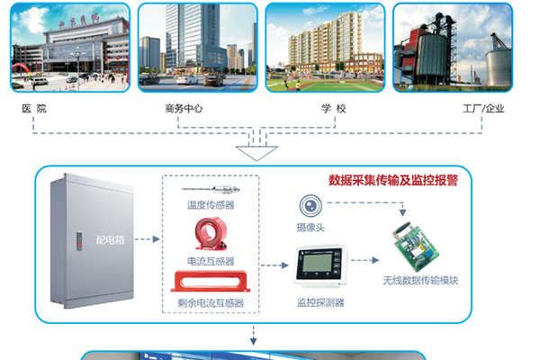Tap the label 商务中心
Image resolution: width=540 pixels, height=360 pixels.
[184, 108]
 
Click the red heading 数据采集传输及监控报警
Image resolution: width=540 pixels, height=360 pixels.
[393, 179]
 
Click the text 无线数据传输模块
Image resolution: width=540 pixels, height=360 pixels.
[420, 281]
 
